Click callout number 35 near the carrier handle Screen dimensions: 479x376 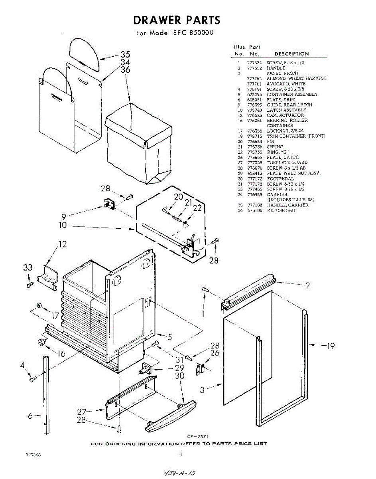[125, 55]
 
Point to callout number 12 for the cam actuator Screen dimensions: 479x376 [63, 244]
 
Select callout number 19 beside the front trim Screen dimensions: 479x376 [330, 346]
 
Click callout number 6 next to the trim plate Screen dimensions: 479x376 [30, 416]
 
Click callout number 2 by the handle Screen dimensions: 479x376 [307, 285]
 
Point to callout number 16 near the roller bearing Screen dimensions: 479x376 [61, 354]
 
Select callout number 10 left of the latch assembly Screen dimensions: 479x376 [63, 226]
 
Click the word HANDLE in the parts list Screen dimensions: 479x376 [276, 68]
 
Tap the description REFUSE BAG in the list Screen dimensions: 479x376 [281, 210]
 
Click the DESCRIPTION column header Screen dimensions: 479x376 [291, 54]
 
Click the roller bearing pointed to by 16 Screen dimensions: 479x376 [41, 342]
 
